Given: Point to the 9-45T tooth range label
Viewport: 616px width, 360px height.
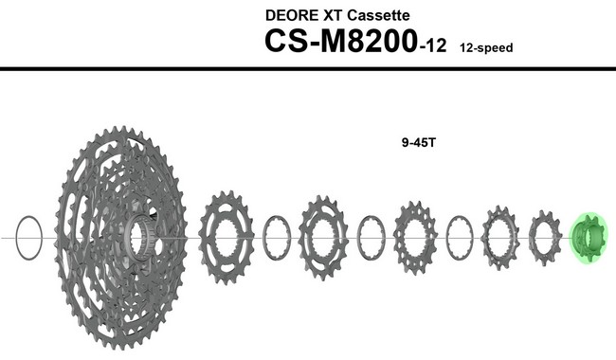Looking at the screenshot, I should coord(417,144).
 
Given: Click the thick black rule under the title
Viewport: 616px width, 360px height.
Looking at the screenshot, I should coord(308,69).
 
